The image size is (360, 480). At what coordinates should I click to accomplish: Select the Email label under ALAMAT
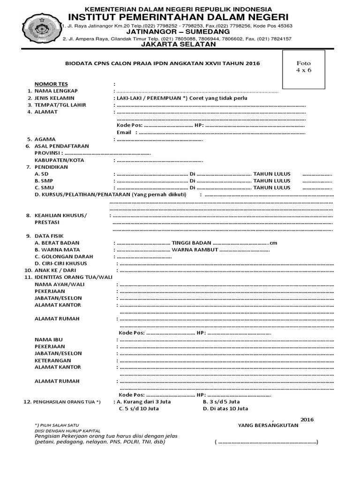(x=124, y=133)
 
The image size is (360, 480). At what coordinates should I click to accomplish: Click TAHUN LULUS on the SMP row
(x=272, y=181)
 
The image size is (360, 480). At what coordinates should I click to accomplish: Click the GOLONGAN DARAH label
(x=64, y=256)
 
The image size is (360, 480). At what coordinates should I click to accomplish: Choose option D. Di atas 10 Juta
(x=225, y=408)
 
